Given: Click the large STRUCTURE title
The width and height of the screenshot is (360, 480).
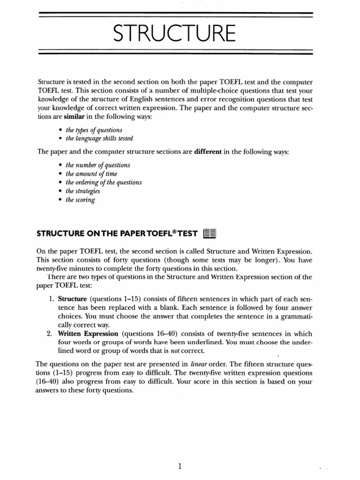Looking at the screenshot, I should pos(176,34).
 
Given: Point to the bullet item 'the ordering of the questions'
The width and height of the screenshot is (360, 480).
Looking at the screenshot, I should pos(104,182).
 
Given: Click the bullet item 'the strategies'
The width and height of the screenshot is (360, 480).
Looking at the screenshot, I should pos(83,191).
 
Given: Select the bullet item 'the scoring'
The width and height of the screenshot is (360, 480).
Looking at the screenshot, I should pos(80,200).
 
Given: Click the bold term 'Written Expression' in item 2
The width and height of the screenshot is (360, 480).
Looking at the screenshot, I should pos(89,333).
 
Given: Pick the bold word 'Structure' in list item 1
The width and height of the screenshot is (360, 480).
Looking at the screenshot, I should pos(73,299).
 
